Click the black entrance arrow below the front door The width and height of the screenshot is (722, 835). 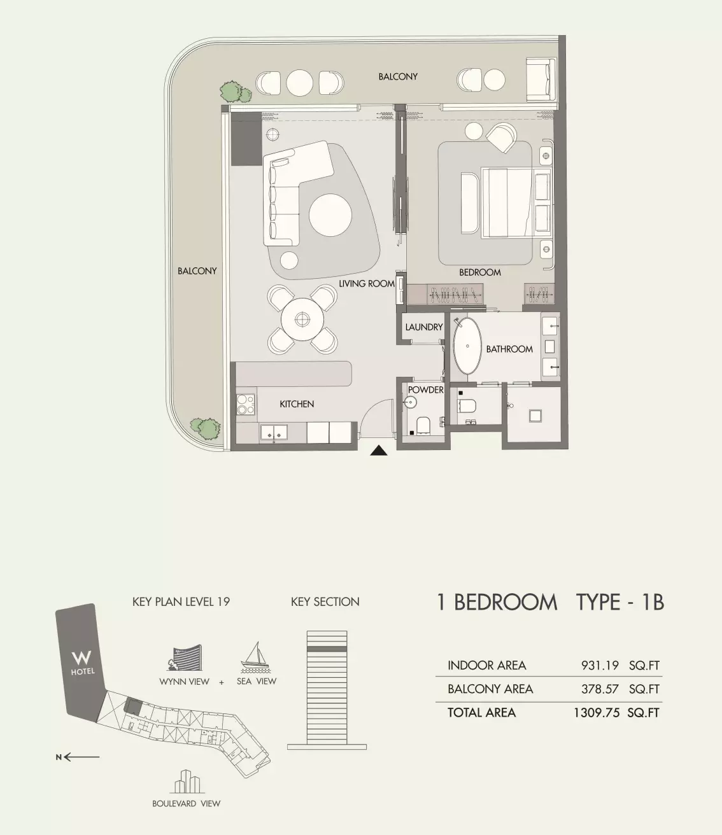coord(379,451)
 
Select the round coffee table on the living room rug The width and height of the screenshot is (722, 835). coord(330,214)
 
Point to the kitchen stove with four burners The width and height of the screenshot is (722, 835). coord(246,405)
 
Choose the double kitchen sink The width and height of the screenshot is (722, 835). coord(274,433)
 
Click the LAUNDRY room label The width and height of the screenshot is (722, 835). coord(424,327)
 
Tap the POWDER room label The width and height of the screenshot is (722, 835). coord(425,390)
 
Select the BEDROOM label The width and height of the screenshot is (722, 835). coord(480,272)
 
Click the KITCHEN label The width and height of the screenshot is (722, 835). coord(297,404)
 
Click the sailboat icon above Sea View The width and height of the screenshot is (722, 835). coord(255,657)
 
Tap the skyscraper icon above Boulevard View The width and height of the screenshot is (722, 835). coord(187,782)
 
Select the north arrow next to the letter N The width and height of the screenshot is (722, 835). coord(81,757)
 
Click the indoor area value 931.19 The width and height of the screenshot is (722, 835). coord(600,666)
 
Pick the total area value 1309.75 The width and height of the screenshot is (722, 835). coord(597,713)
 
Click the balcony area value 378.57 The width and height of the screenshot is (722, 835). coord(600,689)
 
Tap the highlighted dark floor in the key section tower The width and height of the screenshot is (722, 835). coord(327,649)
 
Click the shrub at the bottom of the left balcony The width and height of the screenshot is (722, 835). coord(206,428)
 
